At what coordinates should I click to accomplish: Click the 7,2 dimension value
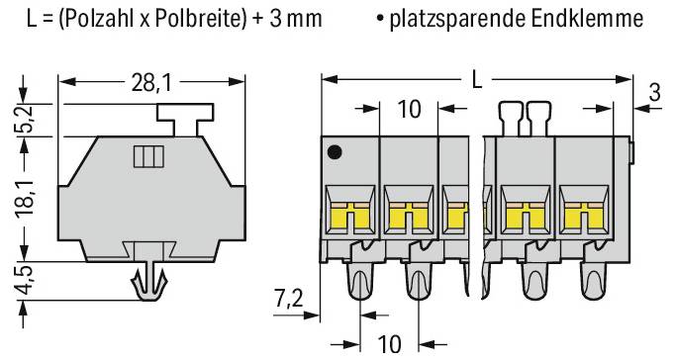coord(289,298)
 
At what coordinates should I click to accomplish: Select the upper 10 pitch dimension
coord(409,109)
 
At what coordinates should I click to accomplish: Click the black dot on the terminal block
coord(335,152)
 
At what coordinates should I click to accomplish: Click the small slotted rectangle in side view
coord(146,156)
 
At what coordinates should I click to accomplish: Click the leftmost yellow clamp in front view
coord(347,213)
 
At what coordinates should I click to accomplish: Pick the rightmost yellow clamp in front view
coord(581,213)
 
